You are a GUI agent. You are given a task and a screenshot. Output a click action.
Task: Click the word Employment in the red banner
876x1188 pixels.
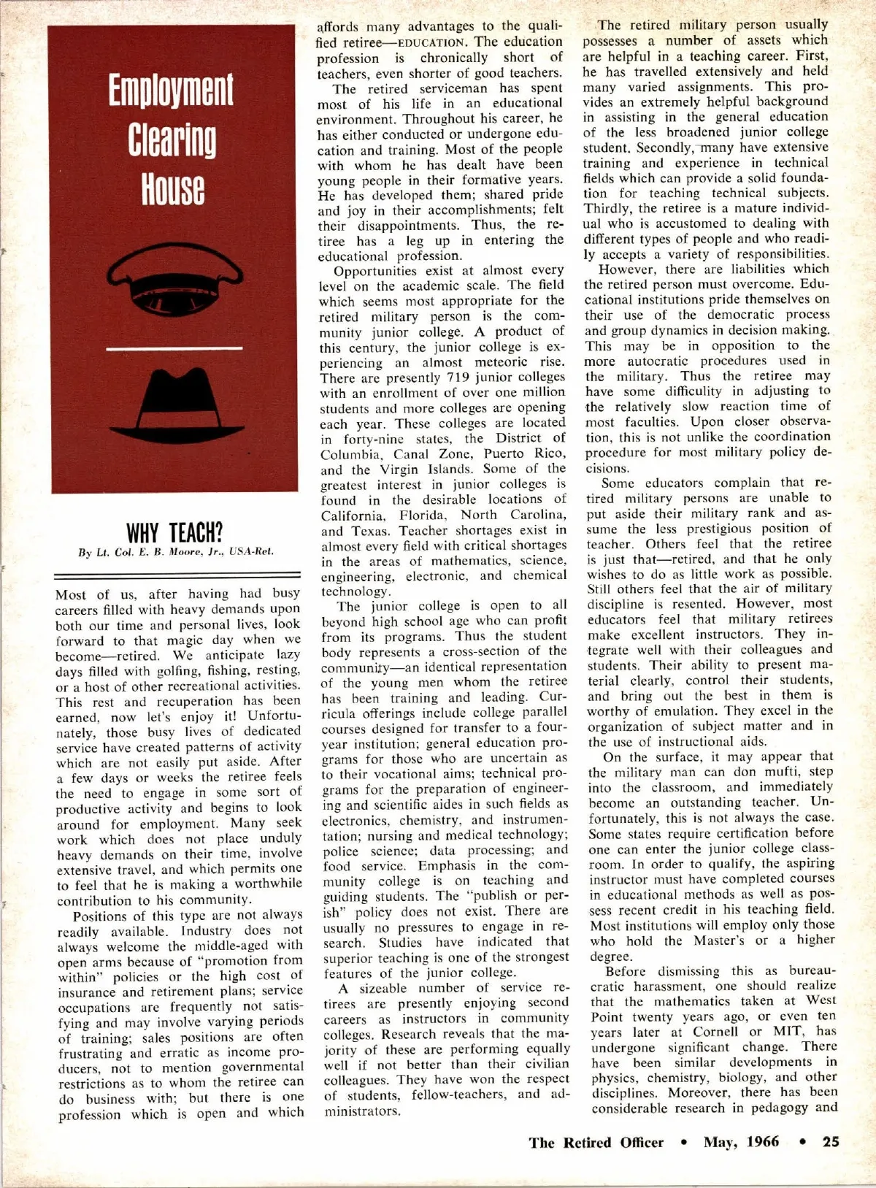click(172, 91)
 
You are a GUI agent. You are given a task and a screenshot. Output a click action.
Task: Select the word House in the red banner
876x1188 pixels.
click(172, 188)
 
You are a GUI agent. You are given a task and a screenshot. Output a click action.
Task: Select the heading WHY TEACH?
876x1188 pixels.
click(175, 531)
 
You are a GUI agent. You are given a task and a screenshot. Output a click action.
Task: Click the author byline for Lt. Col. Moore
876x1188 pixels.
click(176, 552)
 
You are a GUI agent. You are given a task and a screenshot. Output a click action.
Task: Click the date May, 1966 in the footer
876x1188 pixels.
click(741, 1142)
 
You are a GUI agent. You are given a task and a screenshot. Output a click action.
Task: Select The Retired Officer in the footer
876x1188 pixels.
click(596, 1143)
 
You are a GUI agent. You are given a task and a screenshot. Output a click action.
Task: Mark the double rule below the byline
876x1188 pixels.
click(178, 576)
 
